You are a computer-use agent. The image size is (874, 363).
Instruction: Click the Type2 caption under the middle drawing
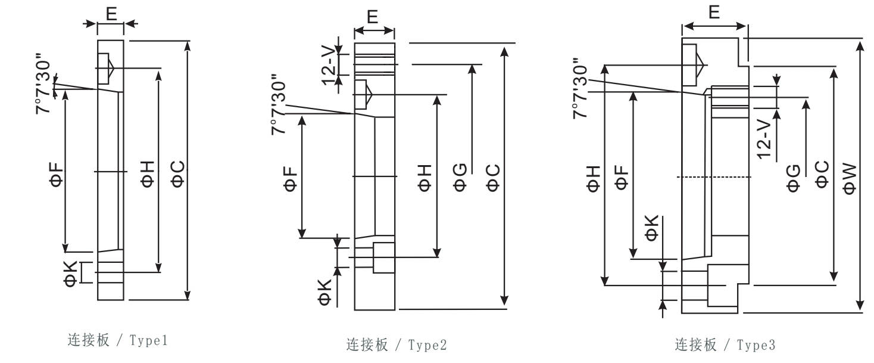(x=388, y=345)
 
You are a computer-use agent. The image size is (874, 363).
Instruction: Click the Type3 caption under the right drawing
(x=716, y=345)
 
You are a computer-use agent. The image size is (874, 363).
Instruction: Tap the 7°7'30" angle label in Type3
(x=582, y=88)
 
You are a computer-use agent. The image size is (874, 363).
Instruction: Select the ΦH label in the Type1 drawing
(x=148, y=173)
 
